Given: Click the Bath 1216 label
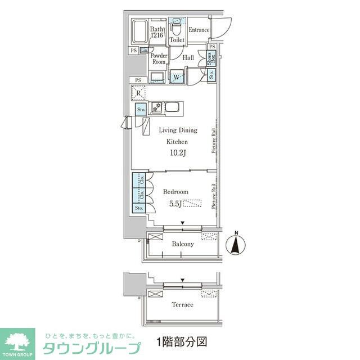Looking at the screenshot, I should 157,32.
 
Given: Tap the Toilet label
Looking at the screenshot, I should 177,40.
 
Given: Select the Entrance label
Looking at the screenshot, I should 199,30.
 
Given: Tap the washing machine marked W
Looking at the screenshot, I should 177,76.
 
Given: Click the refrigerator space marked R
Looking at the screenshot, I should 138,93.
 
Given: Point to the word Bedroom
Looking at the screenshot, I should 175,192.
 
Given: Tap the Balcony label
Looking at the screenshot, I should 182,244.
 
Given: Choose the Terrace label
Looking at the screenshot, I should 182,304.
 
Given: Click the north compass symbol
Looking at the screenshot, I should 236,244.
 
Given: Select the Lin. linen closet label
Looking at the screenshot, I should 144,51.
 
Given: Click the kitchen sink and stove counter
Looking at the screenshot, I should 165,107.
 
